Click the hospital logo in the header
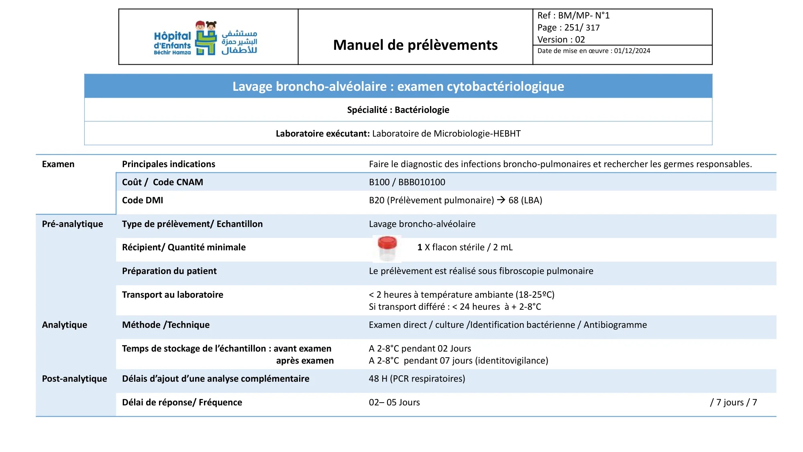click(x=206, y=38)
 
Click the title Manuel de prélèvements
click(x=415, y=45)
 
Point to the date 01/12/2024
click(x=632, y=51)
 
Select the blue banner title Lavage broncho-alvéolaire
click(x=398, y=86)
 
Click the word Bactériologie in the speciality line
click(x=422, y=110)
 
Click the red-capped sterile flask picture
click(x=387, y=248)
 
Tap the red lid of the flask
click(x=387, y=242)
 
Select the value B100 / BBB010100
click(x=407, y=182)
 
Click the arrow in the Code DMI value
click(x=501, y=200)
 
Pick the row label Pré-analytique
click(x=72, y=224)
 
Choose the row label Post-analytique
click(x=74, y=379)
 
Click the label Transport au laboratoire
click(x=172, y=295)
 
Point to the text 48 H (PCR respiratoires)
click(x=417, y=379)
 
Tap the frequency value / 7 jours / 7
click(x=733, y=403)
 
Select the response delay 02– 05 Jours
click(x=394, y=403)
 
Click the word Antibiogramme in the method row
click(x=615, y=325)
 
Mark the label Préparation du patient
click(x=169, y=271)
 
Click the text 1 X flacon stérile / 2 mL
click(x=465, y=247)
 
